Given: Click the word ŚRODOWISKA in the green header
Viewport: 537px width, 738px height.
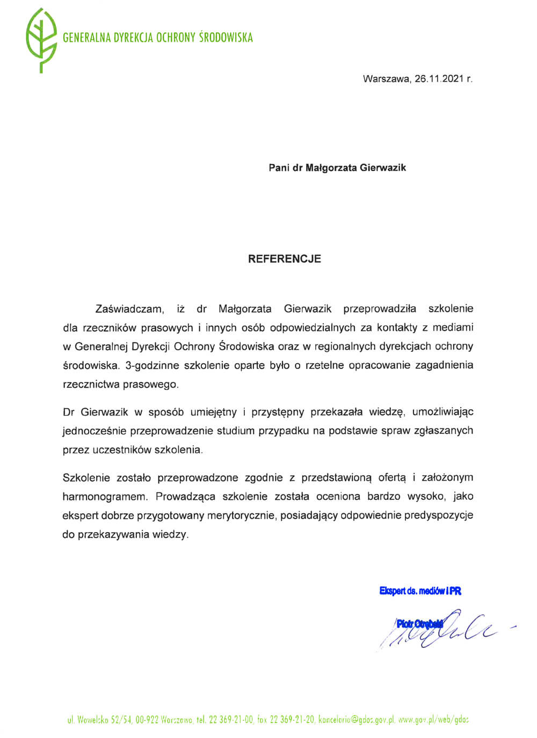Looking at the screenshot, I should point(226,38).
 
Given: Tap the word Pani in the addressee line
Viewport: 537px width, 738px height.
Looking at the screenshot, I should point(279,168).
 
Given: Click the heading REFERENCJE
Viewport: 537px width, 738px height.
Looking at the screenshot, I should point(285,259).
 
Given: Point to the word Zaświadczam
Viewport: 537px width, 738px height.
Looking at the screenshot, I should point(129,309).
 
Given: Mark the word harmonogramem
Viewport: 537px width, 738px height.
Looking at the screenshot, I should point(104,497).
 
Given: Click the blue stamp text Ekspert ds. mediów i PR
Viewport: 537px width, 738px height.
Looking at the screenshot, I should point(420,591).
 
